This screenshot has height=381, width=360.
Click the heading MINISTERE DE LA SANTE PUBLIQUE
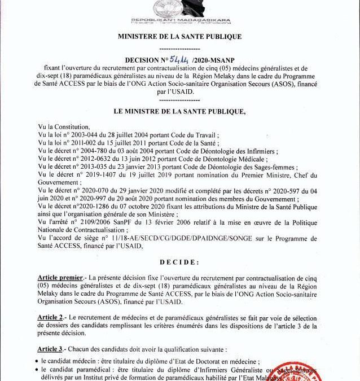pos(179,37)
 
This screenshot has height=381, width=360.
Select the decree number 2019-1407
pos(94,175)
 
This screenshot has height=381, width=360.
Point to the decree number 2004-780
pos(93,152)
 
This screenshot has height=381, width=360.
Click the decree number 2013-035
pos(93,167)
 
